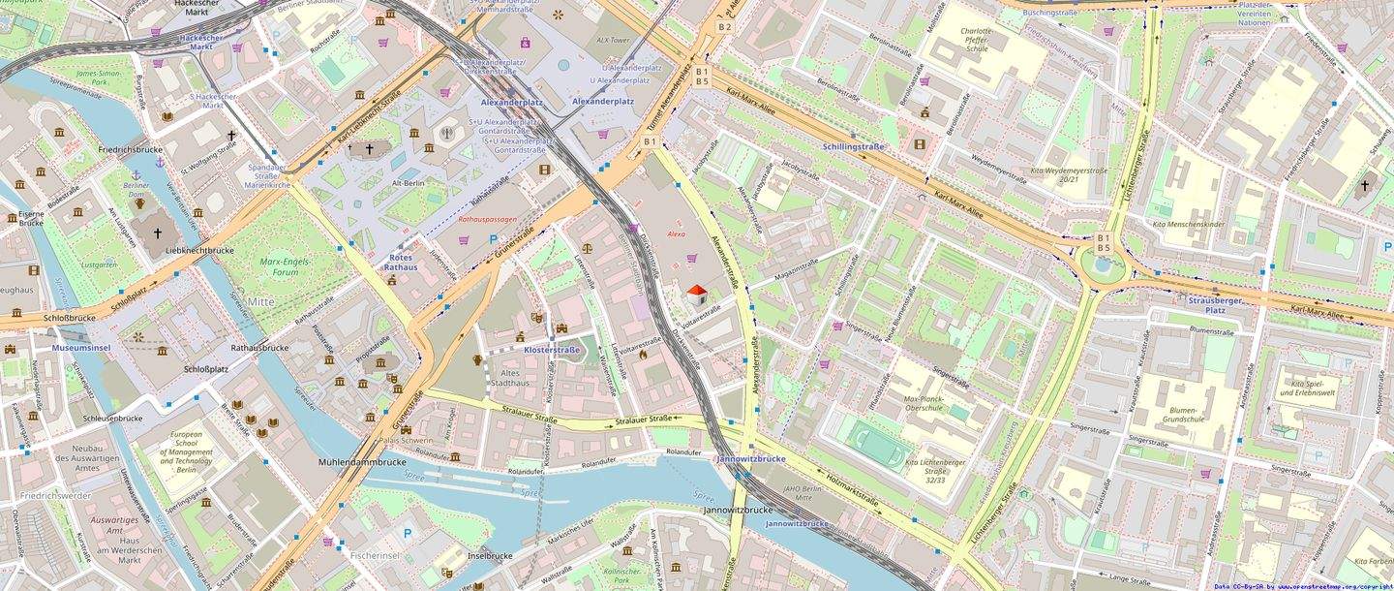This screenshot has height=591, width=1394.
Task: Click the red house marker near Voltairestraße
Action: tap(696, 294)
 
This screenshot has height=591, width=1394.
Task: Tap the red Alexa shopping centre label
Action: tap(676, 234)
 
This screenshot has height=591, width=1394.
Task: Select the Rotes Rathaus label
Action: tap(400, 262)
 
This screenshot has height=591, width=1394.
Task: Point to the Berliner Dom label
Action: tap(136, 189)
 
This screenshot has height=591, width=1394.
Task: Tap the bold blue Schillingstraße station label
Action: tap(853, 146)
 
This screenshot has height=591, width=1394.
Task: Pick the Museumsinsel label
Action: tap(83, 346)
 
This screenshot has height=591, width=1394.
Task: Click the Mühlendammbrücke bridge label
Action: tap(362, 462)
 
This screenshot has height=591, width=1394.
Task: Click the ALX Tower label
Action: tap(612, 41)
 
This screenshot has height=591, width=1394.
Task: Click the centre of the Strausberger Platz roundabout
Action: tap(1104, 267)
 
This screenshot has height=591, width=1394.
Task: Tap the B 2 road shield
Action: tap(724, 27)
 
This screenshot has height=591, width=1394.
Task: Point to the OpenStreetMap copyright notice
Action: tap(1303, 586)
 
